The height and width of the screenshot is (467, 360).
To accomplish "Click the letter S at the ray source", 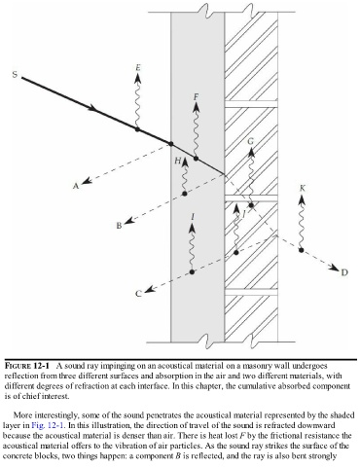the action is pyautogui.click(x=15, y=74).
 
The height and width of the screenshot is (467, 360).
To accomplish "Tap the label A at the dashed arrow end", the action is pyautogui.click(x=76, y=186).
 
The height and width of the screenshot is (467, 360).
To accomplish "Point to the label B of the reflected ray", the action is pyautogui.click(x=119, y=226).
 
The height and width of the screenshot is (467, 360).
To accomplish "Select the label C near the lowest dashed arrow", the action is pyautogui.click(x=138, y=294).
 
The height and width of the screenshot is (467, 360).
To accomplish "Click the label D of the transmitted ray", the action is pyautogui.click(x=344, y=272).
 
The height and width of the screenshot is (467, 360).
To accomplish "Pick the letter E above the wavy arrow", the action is pyautogui.click(x=138, y=67).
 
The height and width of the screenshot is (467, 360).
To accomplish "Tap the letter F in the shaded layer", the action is pyautogui.click(x=196, y=96).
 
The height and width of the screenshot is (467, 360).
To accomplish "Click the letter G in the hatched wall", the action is pyautogui.click(x=251, y=141).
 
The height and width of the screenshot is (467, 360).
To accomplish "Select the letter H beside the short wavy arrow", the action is pyautogui.click(x=178, y=161).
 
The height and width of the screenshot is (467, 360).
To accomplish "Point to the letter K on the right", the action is pyautogui.click(x=303, y=188).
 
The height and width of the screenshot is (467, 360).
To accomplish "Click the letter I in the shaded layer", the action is pyautogui.click(x=194, y=217).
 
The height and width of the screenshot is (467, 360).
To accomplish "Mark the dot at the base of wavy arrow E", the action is pyautogui.click(x=137, y=129).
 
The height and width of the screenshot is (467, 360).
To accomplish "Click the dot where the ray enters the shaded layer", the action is pyautogui.click(x=171, y=144).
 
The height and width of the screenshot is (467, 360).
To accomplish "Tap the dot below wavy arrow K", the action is pyautogui.click(x=302, y=250).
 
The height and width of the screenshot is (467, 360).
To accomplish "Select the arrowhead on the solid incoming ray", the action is pyautogui.click(x=93, y=108).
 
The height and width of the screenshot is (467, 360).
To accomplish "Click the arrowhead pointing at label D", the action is pyautogui.click(x=334, y=268).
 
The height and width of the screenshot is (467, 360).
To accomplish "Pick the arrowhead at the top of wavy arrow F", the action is pyautogui.click(x=196, y=107).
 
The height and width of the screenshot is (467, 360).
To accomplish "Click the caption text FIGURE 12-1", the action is pyautogui.click(x=27, y=366).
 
